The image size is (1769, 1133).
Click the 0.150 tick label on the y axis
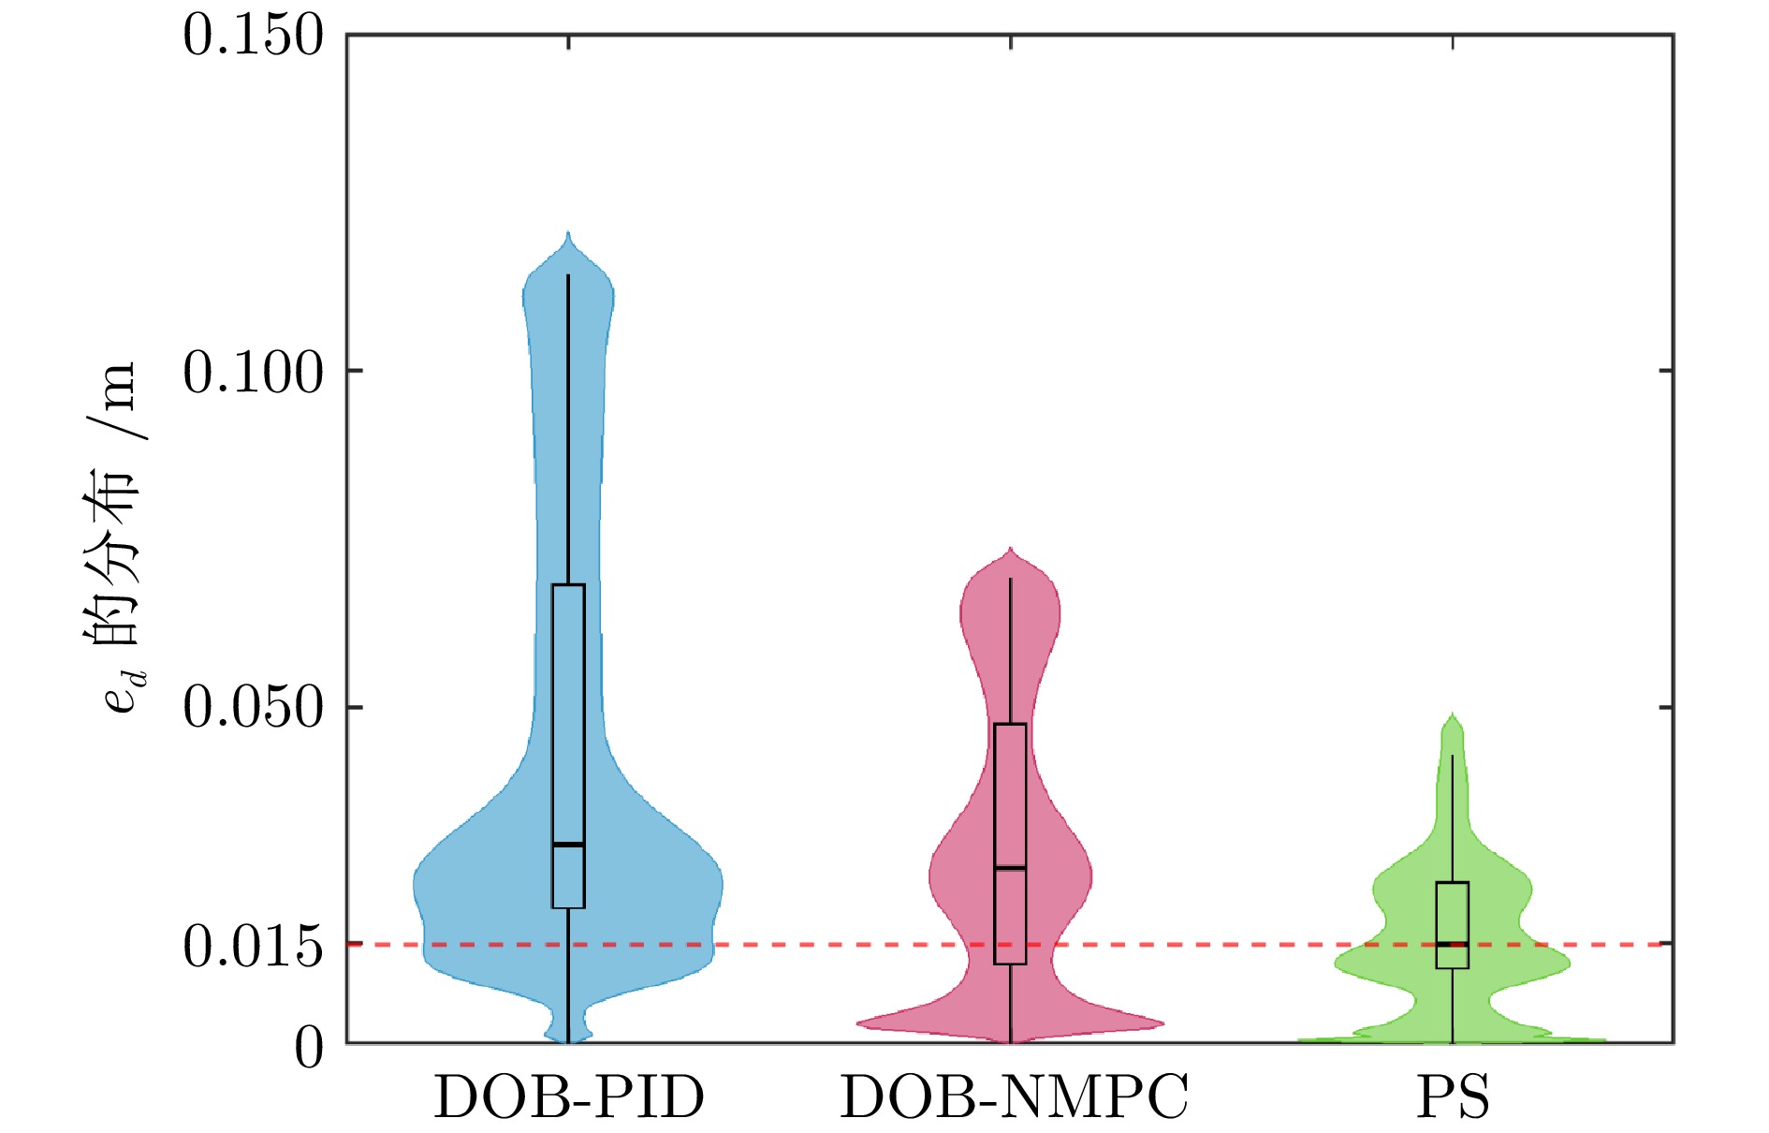(x=252, y=37)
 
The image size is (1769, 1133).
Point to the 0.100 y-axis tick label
(x=252, y=373)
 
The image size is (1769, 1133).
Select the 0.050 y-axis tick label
(x=252, y=707)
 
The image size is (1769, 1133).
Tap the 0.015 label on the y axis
(x=252, y=947)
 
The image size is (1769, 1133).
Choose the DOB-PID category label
(x=568, y=1097)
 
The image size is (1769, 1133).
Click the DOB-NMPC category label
(x=1014, y=1097)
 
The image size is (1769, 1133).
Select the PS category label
(x=1453, y=1097)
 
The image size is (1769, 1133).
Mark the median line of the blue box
(x=568, y=845)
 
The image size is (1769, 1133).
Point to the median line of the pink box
(x=1010, y=868)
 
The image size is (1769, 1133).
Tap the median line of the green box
(x=1452, y=943)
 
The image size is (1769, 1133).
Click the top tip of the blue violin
(x=568, y=233)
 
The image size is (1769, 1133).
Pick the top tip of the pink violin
(x=1010, y=549)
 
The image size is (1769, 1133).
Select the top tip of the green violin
(x=1453, y=714)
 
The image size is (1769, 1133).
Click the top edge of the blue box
(x=568, y=585)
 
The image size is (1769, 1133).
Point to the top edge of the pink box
(x=1010, y=724)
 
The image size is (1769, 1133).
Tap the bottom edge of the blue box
(x=568, y=907)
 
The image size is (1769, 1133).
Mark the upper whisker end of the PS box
(x=1453, y=756)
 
